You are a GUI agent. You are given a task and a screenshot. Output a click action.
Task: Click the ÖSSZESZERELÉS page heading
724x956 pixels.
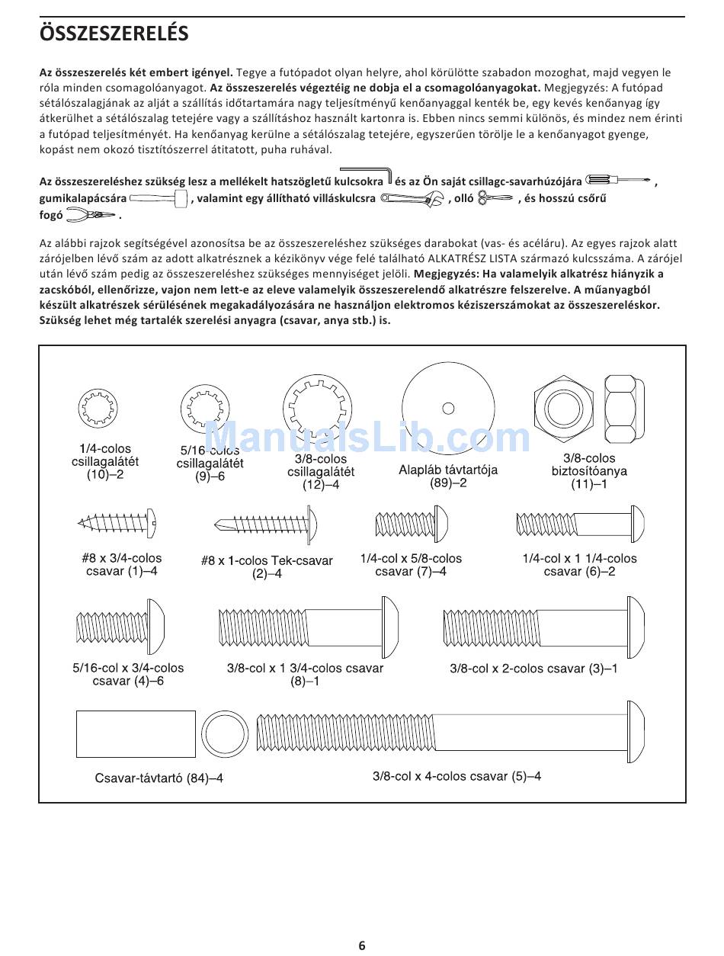coord(114,34)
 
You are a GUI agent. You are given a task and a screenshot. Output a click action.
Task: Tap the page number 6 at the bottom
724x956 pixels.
coord(362,945)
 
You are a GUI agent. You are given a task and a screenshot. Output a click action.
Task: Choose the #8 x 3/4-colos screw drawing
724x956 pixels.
coord(119,524)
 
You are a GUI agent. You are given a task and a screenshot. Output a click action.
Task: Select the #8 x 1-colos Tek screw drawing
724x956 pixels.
coord(266,525)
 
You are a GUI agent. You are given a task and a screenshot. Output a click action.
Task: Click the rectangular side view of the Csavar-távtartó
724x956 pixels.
coord(136,733)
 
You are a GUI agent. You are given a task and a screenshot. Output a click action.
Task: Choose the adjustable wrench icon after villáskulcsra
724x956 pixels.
coord(412,199)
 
